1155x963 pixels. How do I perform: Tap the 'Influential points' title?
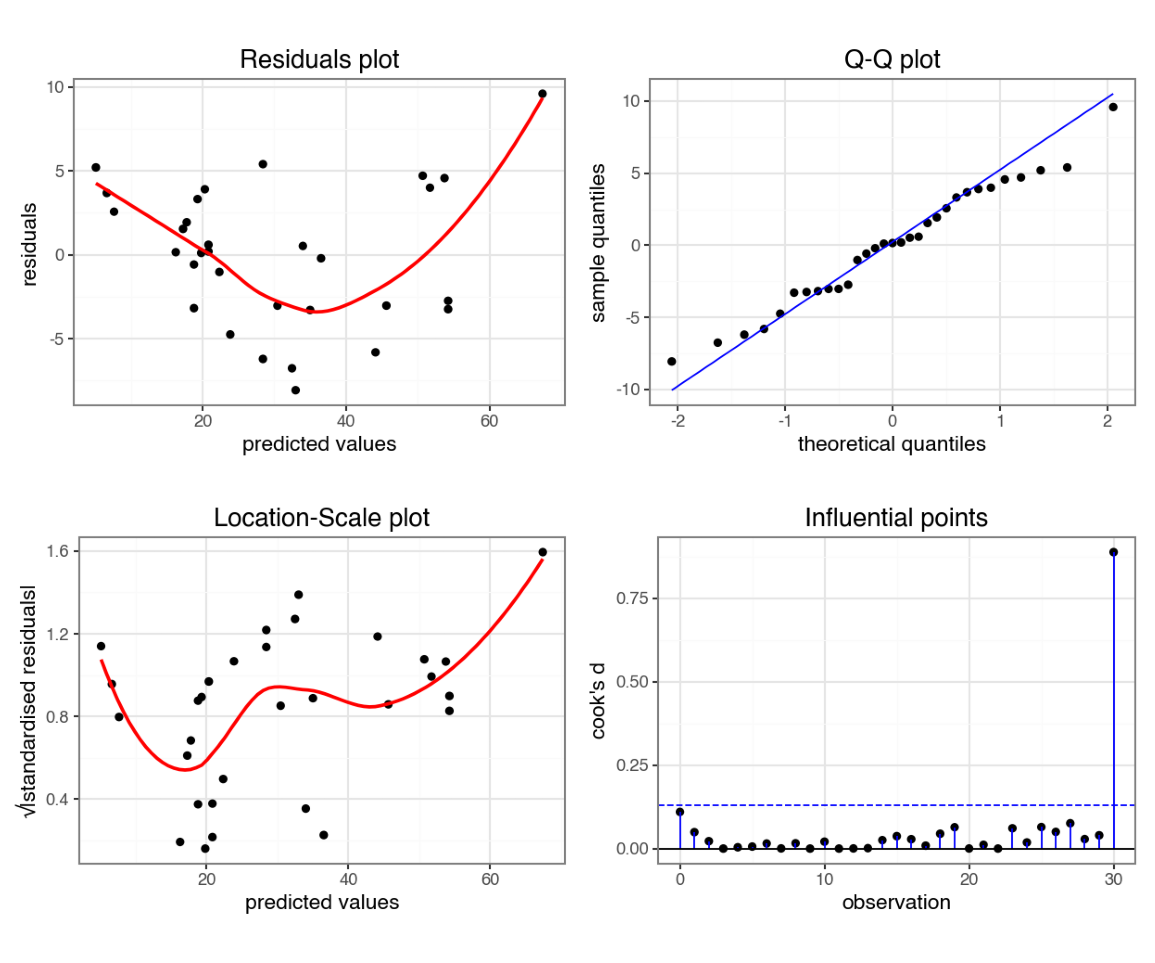(x=896, y=518)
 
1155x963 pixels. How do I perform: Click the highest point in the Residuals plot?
(x=542, y=93)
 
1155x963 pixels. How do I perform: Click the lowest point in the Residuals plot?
(x=295, y=390)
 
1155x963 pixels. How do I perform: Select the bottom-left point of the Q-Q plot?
(x=672, y=361)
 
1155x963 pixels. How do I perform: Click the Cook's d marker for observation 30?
(x=1113, y=552)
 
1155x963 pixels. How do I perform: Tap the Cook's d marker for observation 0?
(x=680, y=812)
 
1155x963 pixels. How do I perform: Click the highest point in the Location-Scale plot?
(x=542, y=552)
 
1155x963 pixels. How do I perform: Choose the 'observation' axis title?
(x=896, y=902)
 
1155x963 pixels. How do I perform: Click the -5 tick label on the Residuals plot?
(x=57, y=339)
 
